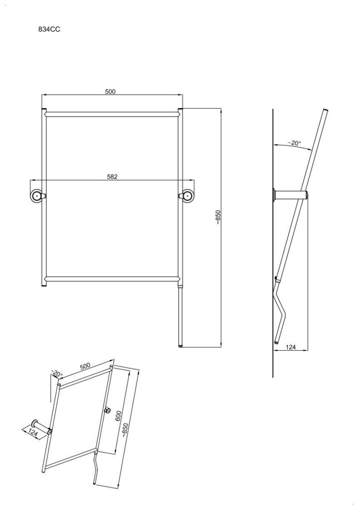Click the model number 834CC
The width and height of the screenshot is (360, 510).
(x=49, y=29)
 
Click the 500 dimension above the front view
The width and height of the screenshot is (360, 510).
(x=110, y=92)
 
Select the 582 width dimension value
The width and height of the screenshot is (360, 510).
(x=112, y=177)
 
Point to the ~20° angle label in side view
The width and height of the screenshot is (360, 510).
(x=294, y=143)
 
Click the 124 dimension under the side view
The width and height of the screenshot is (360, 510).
(x=290, y=347)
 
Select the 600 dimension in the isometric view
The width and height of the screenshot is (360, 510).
(x=119, y=415)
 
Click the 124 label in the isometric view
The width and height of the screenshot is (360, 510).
(x=33, y=432)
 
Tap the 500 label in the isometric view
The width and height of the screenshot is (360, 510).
(x=85, y=366)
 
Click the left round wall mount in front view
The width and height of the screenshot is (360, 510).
(x=37, y=196)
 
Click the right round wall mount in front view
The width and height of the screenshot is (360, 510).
(x=187, y=196)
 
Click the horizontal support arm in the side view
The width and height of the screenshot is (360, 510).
(x=291, y=195)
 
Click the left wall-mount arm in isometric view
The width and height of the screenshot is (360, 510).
(x=41, y=426)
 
